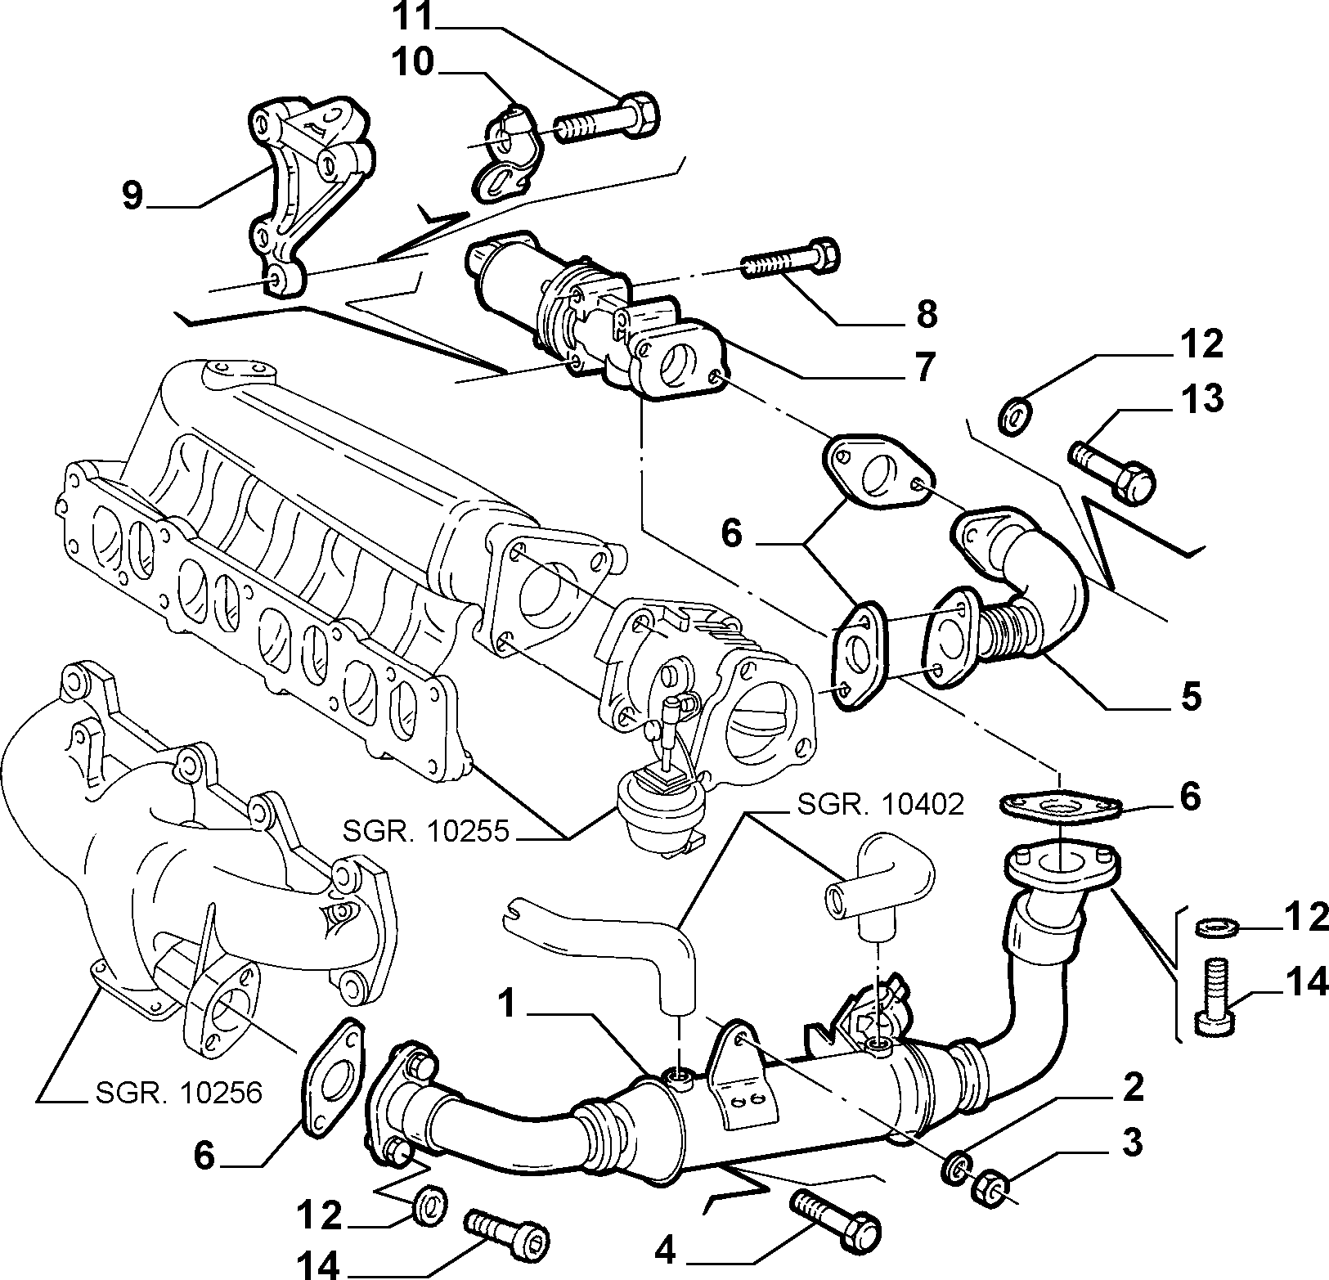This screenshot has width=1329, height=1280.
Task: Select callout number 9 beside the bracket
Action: (x=132, y=196)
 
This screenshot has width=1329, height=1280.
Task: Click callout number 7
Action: (x=923, y=368)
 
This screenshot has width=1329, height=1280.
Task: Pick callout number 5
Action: (x=1190, y=696)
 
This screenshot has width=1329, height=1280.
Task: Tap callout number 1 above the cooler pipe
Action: (x=509, y=1004)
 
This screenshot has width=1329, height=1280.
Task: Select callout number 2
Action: (x=1132, y=1087)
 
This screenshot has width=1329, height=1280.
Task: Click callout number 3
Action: (x=1132, y=1143)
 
